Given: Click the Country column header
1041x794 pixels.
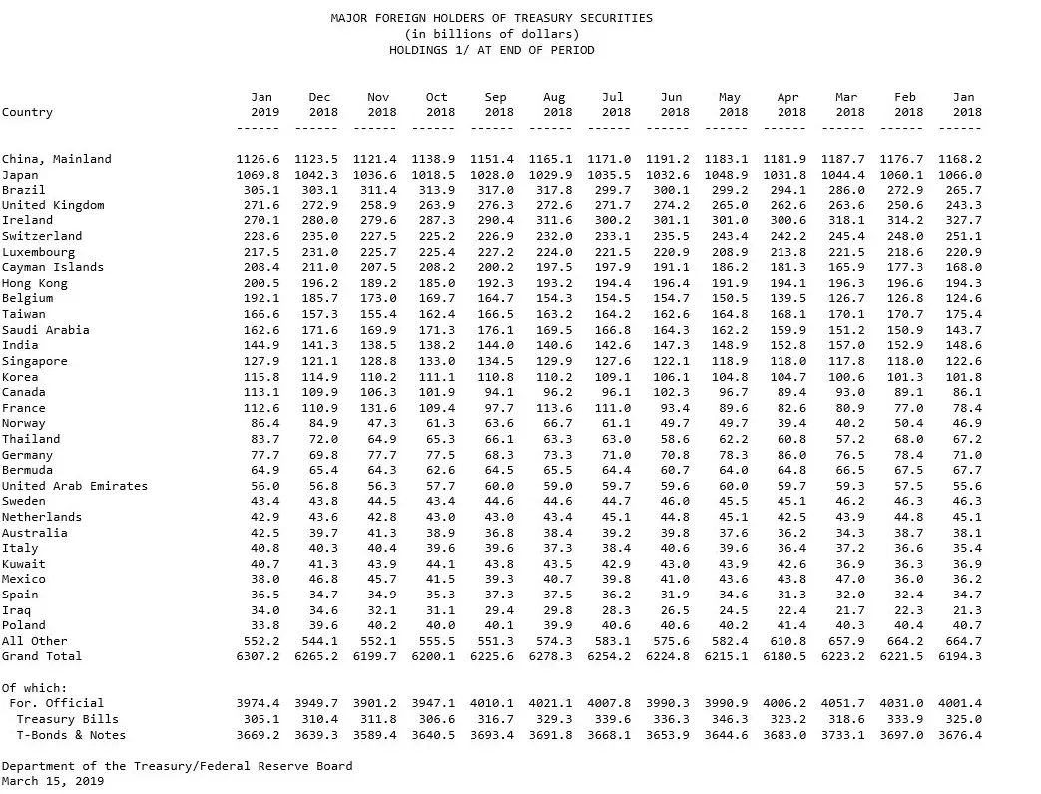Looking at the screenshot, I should pos(28,113).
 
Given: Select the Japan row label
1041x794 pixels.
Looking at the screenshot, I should pos(20,175).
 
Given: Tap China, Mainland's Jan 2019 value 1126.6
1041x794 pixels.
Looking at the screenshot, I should pos(258,159).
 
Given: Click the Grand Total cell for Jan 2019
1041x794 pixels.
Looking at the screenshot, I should pos(258,656).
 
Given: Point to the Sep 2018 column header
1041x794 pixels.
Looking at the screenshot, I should pos(495,105).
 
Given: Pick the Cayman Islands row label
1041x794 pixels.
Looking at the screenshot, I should pos(52,267).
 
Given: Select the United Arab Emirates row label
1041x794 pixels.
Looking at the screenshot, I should pos(75,486).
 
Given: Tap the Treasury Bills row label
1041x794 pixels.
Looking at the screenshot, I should pos(68,719).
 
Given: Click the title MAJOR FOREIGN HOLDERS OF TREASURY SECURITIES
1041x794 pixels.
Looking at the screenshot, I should pos(491,18).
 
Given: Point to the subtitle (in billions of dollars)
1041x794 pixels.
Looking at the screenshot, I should pos(491,34).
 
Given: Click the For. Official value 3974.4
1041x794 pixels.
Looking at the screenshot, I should pos(258,703).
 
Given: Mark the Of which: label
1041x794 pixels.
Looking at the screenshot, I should pos(35,688).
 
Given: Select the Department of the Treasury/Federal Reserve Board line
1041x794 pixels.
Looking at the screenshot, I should pos(177,766).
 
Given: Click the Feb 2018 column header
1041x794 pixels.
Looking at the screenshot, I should pos(905,105).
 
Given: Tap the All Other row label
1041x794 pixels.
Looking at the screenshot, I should pos(35,641).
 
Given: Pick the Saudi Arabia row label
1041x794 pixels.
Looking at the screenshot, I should pos(45,330).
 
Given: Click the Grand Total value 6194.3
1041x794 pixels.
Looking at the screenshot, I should pos(960,656).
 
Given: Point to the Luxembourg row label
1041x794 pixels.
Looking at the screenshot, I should pos(38,252).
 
